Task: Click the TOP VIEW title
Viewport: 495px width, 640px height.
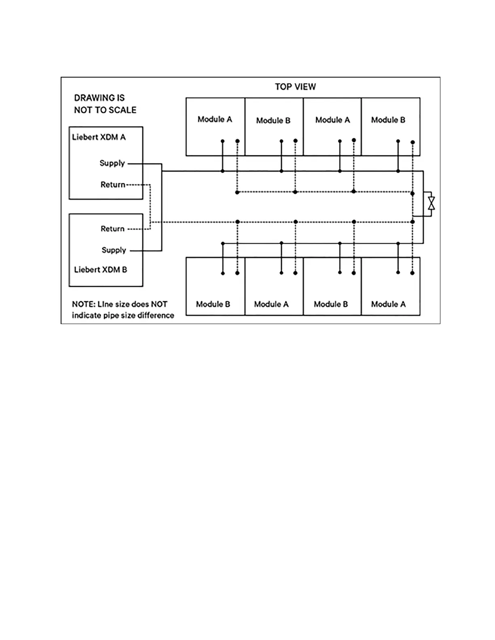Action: (x=295, y=86)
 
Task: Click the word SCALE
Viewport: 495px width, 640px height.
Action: (x=122, y=110)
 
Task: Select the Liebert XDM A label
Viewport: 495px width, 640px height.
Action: (x=99, y=137)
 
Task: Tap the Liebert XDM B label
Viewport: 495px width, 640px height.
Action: (x=100, y=269)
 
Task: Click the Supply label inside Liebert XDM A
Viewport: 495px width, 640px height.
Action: (x=112, y=163)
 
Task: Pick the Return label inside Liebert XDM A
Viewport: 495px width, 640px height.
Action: (x=113, y=185)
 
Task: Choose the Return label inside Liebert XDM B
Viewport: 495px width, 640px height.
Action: (x=112, y=229)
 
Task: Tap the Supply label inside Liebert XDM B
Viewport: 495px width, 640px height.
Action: (x=114, y=250)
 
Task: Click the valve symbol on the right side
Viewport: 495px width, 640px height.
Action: (x=432, y=203)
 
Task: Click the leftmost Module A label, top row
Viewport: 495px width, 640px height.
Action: (x=215, y=119)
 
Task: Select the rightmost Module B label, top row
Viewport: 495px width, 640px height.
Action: (x=388, y=120)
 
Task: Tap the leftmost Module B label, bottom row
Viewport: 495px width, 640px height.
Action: (x=213, y=304)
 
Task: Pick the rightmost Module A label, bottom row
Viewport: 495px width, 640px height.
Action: (x=388, y=304)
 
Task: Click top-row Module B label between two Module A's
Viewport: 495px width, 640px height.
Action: (x=273, y=120)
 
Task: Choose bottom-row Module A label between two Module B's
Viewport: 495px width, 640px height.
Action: (x=271, y=304)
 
